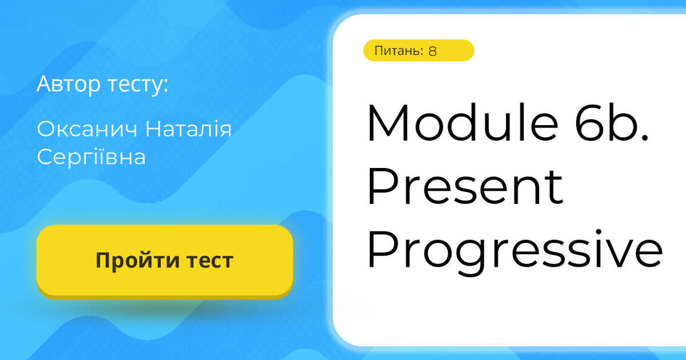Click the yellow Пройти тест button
(x=165, y=261)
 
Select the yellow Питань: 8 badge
(x=418, y=50)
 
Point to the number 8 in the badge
(x=432, y=51)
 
